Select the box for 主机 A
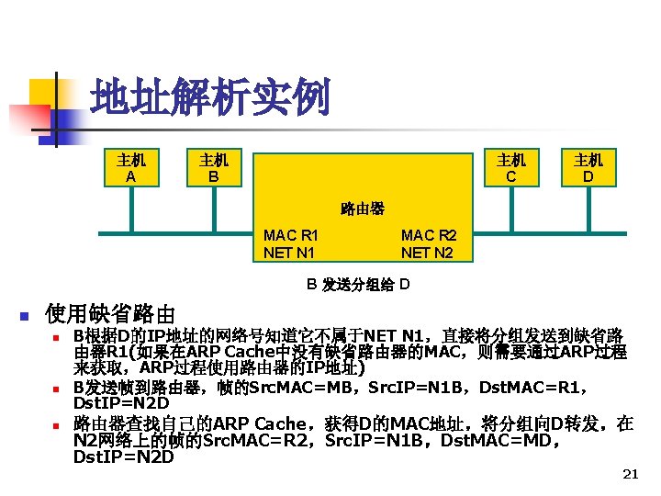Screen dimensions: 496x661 (131, 167)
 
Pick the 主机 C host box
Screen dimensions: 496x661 (511, 167)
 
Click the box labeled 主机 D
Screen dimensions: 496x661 (588, 167)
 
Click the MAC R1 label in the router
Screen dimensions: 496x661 (291, 236)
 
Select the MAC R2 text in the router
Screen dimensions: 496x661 (429, 236)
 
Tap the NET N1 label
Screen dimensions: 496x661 (289, 252)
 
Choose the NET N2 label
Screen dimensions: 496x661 (427, 252)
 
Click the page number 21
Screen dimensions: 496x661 (630, 474)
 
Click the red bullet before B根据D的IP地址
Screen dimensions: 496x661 (57, 337)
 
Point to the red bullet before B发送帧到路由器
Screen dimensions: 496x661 (57, 389)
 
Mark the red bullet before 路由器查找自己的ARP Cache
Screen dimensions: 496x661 (57, 425)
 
